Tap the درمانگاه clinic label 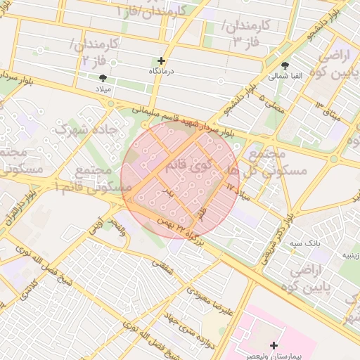161,72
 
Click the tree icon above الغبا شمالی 284,65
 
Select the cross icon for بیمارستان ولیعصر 274,345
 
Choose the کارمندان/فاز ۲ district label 94,53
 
